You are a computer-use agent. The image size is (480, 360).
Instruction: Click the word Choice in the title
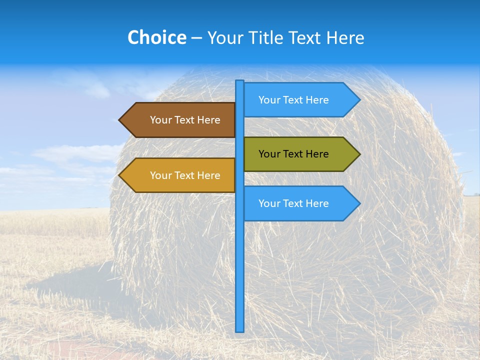[156, 38]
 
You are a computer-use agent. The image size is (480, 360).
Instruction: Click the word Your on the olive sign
[269, 154]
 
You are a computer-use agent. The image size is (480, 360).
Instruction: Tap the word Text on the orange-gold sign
[184, 175]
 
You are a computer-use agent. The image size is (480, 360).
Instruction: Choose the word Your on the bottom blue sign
[269, 203]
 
